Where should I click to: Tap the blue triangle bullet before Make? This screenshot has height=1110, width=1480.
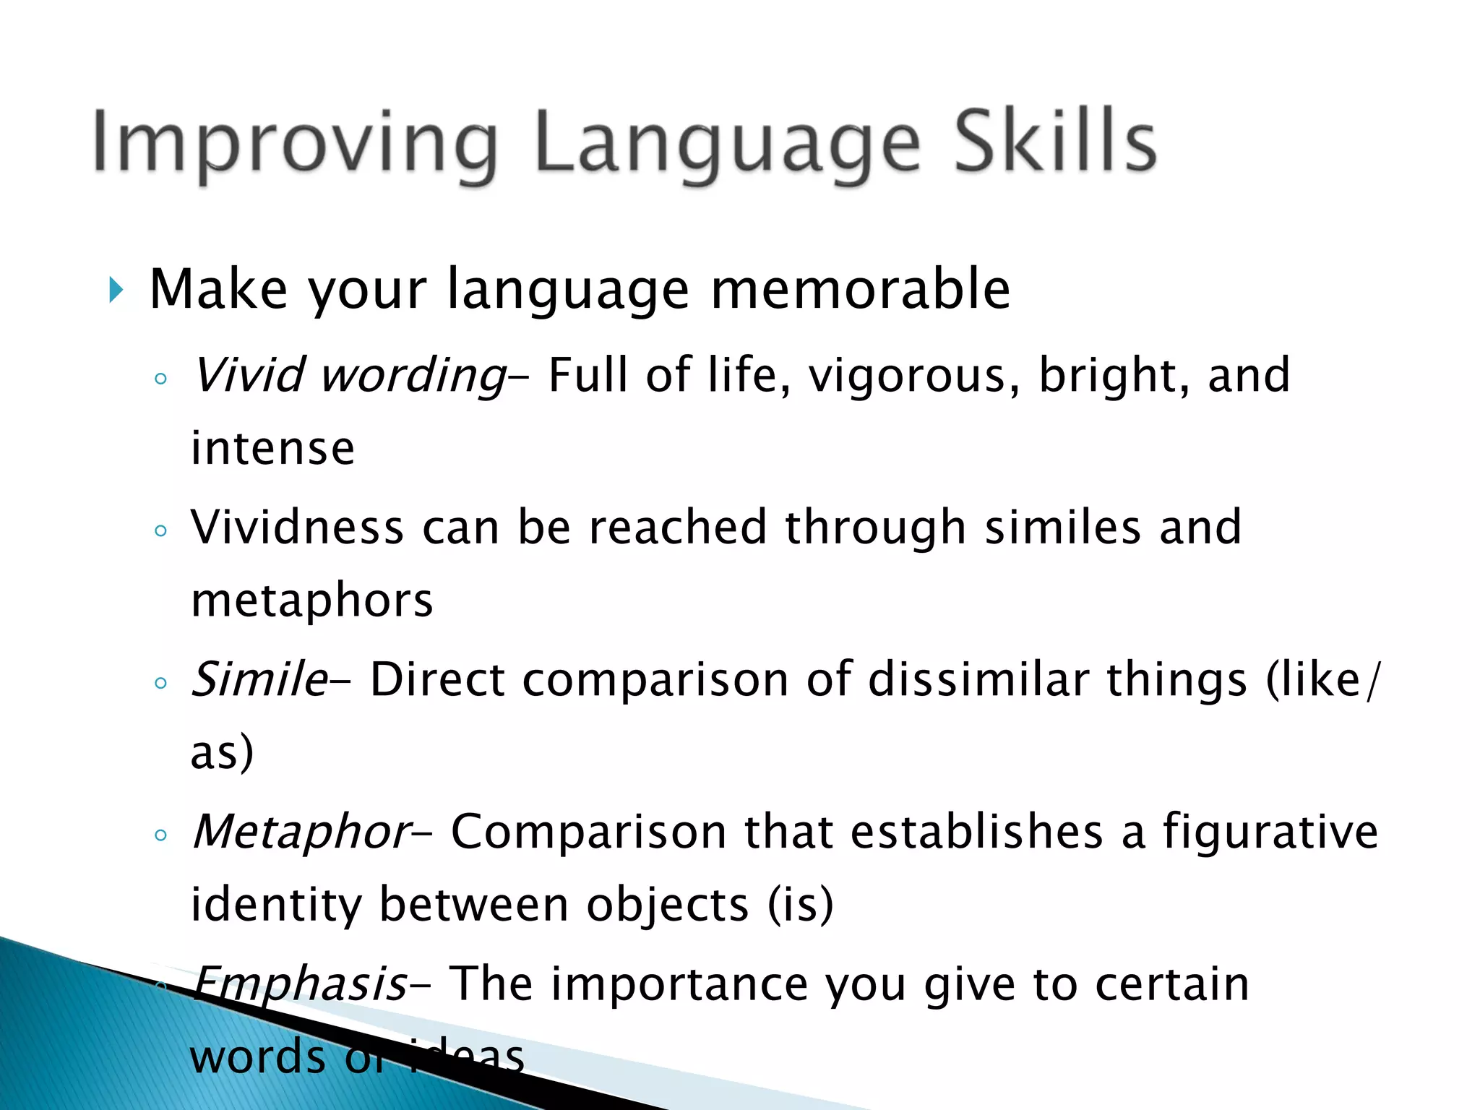[x=116, y=290]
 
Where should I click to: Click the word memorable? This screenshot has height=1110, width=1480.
[x=861, y=289]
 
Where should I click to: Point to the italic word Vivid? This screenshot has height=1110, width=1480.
[x=250, y=375]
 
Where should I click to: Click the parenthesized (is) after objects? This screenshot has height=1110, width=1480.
[x=800, y=905]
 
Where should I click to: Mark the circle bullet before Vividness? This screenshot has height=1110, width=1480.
[x=161, y=531]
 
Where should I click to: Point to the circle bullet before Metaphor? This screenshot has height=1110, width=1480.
[x=161, y=836]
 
